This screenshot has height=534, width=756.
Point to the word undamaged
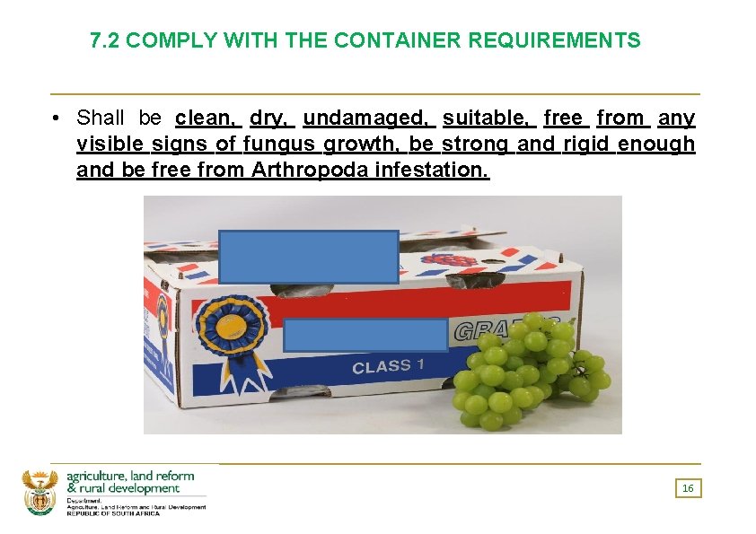pyautogui.click(x=365, y=118)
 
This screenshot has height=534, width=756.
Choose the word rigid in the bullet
pyautogui.click(x=586, y=144)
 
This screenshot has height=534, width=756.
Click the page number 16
pyautogui.click(x=688, y=488)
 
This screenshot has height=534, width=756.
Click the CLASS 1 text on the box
pyautogui.click(x=382, y=366)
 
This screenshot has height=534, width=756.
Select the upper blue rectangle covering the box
pyautogui.click(x=308, y=256)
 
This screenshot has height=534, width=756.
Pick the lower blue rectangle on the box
pyautogui.click(x=365, y=334)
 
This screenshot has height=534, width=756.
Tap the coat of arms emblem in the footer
pyautogui.click(x=40, y=492)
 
